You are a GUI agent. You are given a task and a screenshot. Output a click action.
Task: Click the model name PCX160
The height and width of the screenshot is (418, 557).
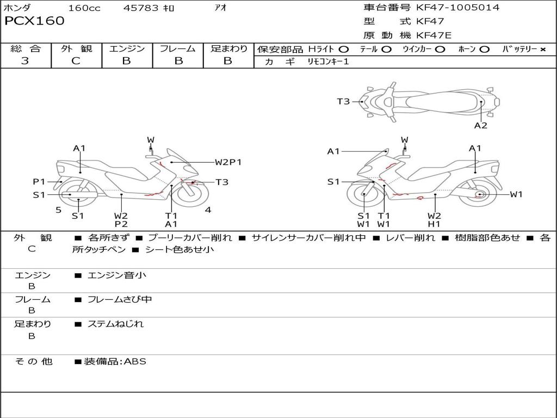point(34,21)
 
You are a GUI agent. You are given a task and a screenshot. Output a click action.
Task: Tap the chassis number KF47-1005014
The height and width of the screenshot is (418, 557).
point(457,8)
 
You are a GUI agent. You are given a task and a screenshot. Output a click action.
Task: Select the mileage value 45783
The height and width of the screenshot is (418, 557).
point(141,8)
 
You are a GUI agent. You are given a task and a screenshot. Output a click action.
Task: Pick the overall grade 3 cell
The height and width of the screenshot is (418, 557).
point(25,61)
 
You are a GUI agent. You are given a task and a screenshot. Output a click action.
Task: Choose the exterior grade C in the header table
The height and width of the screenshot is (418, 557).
point(76,61)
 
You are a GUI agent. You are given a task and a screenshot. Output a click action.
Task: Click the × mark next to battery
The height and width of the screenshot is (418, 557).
point(542,50)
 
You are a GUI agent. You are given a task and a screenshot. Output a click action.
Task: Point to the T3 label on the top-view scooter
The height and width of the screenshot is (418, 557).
point(343,101)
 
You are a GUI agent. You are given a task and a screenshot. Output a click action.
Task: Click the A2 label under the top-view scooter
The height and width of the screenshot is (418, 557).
point(480,126)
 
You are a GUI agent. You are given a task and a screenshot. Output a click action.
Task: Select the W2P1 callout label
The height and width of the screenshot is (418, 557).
point(228,162)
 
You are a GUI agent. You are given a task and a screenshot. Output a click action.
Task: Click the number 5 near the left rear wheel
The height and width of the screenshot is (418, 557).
point(58,210)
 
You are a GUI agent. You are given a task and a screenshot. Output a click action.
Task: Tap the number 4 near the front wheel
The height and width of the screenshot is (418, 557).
point(208,210)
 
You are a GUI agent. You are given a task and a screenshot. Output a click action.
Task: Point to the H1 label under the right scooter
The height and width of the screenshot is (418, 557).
point(434,224)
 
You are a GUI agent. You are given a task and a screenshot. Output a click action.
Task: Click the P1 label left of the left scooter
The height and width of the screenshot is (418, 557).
point(39,182)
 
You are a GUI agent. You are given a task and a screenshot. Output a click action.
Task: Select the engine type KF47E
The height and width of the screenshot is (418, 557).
point(435,36)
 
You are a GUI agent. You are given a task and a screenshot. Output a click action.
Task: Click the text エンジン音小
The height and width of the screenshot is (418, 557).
point(117,275)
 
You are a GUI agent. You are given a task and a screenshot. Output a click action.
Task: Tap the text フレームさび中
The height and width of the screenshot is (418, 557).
point(120,299)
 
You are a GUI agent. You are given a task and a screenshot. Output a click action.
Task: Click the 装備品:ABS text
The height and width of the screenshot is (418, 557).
point(115,361)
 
